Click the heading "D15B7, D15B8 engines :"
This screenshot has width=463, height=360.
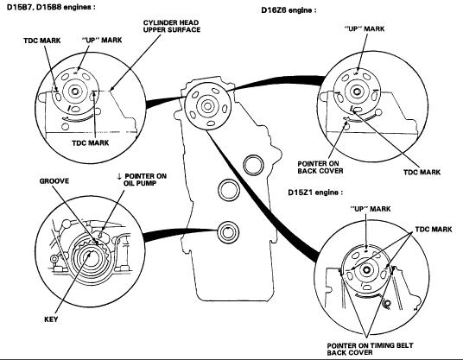pos(51,7)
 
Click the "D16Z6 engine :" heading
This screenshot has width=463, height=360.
pos(289,10)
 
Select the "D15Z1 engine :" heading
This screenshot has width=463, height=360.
pos(315,193)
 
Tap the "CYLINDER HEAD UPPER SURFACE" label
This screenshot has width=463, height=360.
pos(172,26)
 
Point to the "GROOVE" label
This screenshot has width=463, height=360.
pos(54,181)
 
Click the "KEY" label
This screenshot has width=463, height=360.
pos(51,319)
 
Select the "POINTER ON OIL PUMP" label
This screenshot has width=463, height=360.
pos(143,180)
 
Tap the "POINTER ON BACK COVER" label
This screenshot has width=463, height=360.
pos(320,167)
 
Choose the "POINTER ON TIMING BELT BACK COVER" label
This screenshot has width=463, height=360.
pos(370,349)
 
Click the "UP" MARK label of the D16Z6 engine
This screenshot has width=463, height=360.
pos(365,28)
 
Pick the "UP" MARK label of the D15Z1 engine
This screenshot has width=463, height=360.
pos(371,209)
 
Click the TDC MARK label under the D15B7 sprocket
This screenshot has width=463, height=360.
pos(91,143)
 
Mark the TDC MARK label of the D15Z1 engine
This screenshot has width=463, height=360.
pos(434,230)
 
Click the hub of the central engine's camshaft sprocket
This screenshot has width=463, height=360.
pos(207,106)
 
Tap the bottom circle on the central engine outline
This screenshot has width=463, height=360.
pos(228,232)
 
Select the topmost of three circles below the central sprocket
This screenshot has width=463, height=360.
pos(253,164)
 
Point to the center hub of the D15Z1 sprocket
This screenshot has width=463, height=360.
pos(366,269)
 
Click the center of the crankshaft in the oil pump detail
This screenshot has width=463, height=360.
pos(91,257)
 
